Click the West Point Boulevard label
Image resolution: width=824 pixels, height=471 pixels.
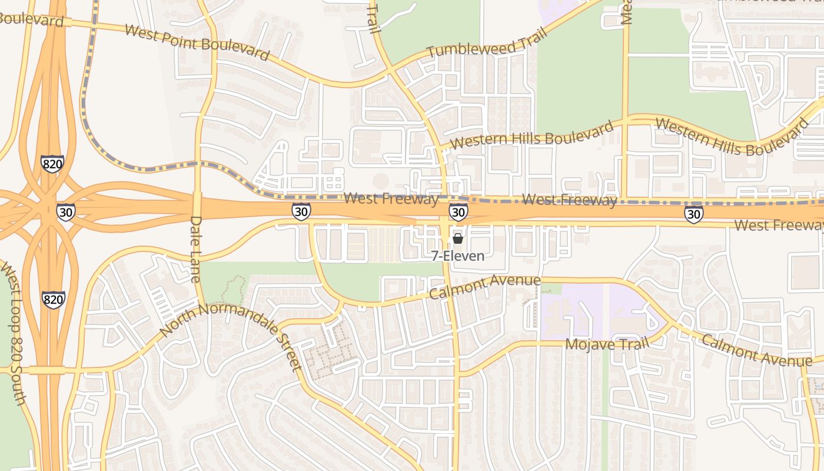click(x=197, y=42)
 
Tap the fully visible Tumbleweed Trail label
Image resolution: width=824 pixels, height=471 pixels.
click(x=487, y=42)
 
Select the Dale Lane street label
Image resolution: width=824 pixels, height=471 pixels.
click(x=196, y=249)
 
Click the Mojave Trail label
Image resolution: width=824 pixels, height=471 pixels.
click(x=607, y=343)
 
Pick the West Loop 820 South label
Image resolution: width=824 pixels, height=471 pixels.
click(x=15, y=336)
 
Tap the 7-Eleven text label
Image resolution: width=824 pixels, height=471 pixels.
click(x=458, y=256)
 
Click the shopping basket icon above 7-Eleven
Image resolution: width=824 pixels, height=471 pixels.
click(x=458, y=238)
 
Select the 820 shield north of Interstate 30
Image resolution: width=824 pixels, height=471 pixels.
click(x=52, y=164)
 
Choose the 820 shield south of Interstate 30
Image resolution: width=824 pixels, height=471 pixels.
click(x=53, y=300)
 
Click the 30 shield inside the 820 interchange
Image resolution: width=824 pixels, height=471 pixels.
click(x=66, y=212)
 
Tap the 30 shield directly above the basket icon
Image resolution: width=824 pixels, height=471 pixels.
click(x=458, y=212)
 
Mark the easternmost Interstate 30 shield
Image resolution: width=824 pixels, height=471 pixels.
click(x=694, y=214)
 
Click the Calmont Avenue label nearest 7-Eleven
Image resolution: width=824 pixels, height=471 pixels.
click(x=484, y=286)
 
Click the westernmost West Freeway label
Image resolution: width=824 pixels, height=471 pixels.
click(x=391, y=198)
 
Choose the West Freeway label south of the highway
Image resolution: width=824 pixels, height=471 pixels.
click(x=779, y=224)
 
